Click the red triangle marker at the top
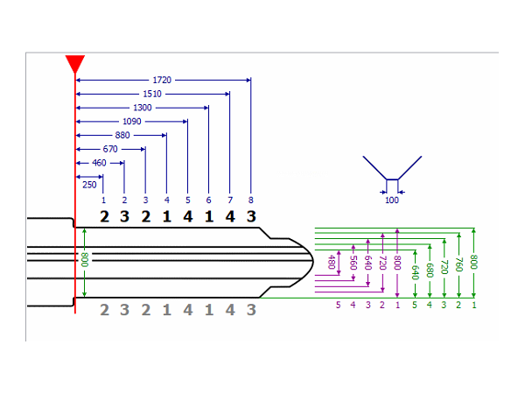tap(75, 63)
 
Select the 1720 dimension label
tap(163, 80)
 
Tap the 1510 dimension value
tap(152, 94)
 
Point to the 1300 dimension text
tap(142, 108)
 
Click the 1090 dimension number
tap(131, 122)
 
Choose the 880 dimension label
tap(122, 136)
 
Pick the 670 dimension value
tap(110, 150)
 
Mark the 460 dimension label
tap(100, 163)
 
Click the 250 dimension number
tap(89, 185)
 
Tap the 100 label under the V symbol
tap(392, 201)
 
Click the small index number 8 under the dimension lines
tap(251, 201)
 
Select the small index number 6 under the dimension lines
tap(208, 201)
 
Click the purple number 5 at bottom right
tap(338, 305)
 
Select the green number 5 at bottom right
tap(414, 305)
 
